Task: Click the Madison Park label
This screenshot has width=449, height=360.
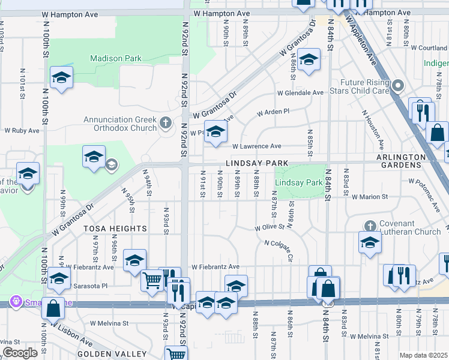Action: pos(116,58)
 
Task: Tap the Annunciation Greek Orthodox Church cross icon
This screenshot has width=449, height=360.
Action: pos(167,124)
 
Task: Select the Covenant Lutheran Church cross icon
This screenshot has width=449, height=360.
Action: pos(370,226)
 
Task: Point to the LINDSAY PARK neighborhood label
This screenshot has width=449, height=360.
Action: pos(257,164)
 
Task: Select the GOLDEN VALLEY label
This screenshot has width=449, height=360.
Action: pos(112,353)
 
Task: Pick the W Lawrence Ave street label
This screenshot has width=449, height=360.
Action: pos(256,146)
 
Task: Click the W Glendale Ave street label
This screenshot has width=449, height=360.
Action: pos(300,93)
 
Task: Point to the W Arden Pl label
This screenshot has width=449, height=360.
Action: pos(273,112)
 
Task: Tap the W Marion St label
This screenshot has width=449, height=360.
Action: pos(370,196)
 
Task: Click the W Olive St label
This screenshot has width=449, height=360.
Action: pos(269,228)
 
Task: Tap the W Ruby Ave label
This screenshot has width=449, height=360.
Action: pos(22,130)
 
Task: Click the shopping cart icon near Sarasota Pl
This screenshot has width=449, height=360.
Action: pos(152,280)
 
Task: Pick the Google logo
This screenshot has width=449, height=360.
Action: pos(20,352)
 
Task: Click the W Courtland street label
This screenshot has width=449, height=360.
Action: pos(429,47)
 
